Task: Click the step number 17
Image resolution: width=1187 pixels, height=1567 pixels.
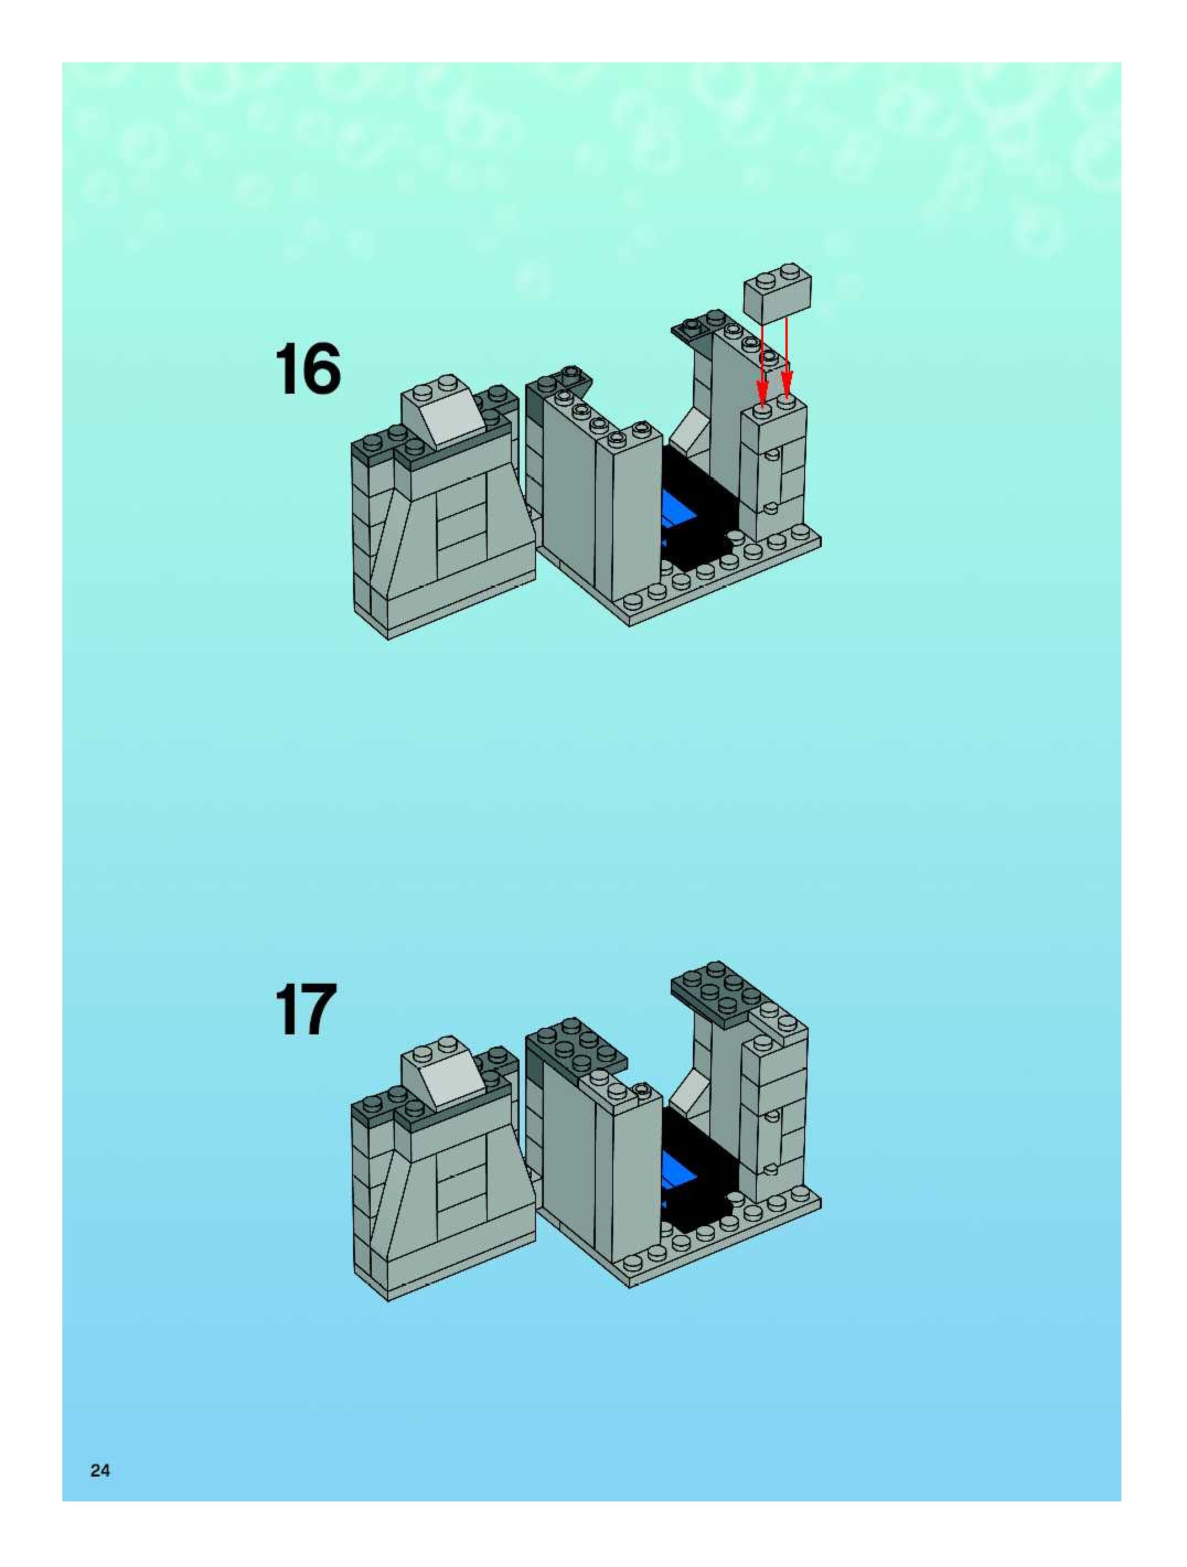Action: (x=306, y=1009)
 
